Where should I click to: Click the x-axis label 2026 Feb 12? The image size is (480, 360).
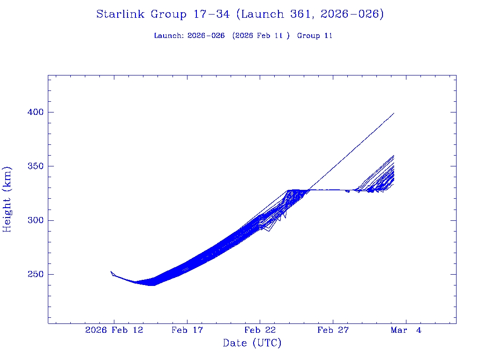tap(114, 330)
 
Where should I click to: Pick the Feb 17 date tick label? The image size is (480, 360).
tap(187, 330)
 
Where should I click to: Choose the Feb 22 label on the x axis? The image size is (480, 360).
tap(260, 330)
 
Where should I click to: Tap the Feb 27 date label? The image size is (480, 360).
tap(333, 330)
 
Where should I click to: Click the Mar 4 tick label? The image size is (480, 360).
tap(406, 330)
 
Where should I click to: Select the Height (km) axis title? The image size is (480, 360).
tap(7, 199)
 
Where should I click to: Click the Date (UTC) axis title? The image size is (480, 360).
tap(252, 344)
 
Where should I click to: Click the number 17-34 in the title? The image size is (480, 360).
tap(211, 15)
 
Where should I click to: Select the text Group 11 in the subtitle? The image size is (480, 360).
tap(315, 36)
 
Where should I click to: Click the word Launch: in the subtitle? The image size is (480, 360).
tap(169, 36)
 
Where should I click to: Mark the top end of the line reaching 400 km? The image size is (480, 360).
tap(394, 113)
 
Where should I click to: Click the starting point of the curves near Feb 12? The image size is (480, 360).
tap(111, 271)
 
